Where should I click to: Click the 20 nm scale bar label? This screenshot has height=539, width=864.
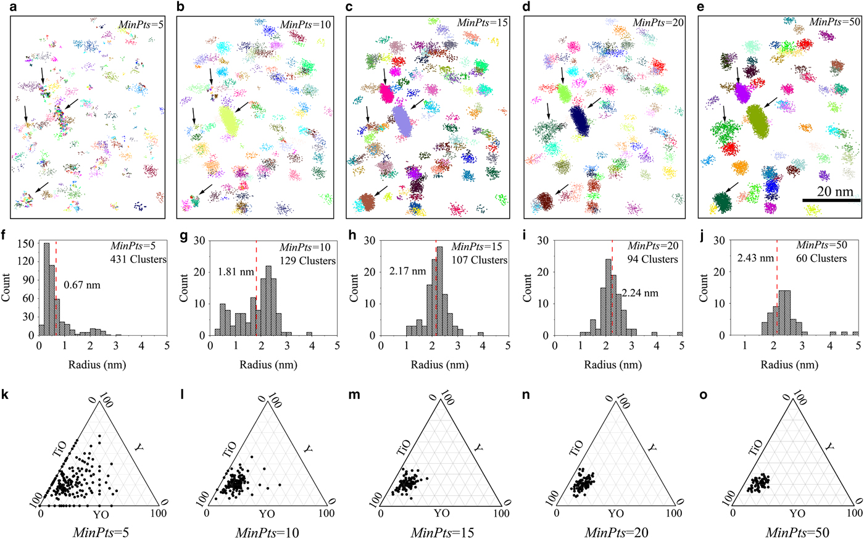click(x=834, y=192)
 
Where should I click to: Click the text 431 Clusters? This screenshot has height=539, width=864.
click(x=139, y=259)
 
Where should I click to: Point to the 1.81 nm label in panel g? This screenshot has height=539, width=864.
click(x=235, y=270)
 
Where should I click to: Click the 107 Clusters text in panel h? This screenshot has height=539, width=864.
click(x=480, y=260)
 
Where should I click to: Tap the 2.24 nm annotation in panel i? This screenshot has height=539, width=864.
click(x=640, y=293)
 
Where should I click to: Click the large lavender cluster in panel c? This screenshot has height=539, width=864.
click(x=402, y=120)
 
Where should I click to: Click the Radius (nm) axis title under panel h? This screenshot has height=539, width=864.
click(x=439, y=365)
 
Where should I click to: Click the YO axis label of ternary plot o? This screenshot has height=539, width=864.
click(x=798, y=513)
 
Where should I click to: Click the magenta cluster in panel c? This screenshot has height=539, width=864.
click(x=387, y=93)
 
